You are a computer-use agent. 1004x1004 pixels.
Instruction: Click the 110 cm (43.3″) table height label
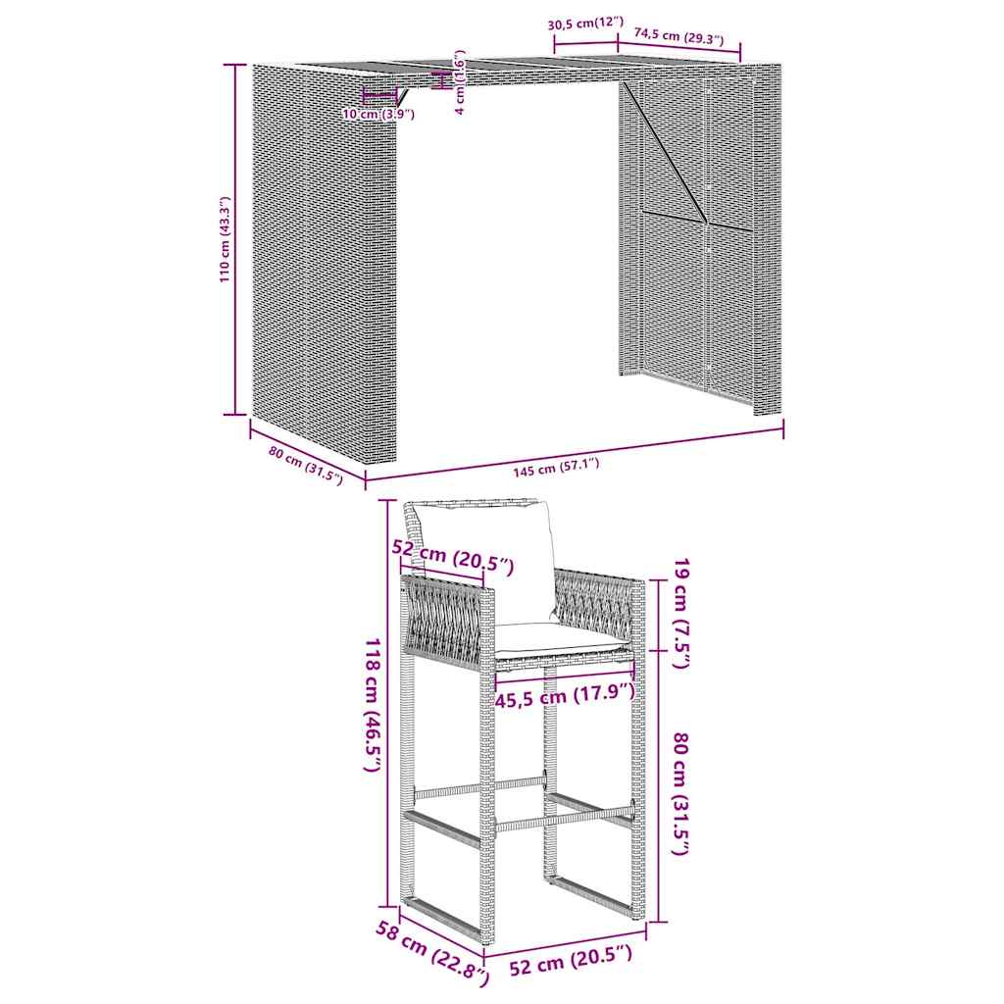[x=225, y=240]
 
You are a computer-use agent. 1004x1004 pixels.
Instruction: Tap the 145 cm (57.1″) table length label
[x=556, y=468]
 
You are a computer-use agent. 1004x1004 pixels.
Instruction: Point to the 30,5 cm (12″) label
[x=585, y=24]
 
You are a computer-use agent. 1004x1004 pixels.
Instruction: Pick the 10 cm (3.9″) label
[x=378, y=115]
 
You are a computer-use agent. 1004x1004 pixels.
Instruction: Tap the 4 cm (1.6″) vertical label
[x=460, y=82]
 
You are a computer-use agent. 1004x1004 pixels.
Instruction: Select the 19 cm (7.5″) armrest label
[x=681, y=614]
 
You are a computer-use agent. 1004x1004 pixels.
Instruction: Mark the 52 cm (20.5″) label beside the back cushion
[x=453, y=556]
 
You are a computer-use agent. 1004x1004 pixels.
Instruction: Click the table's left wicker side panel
[x=326, y=263]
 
